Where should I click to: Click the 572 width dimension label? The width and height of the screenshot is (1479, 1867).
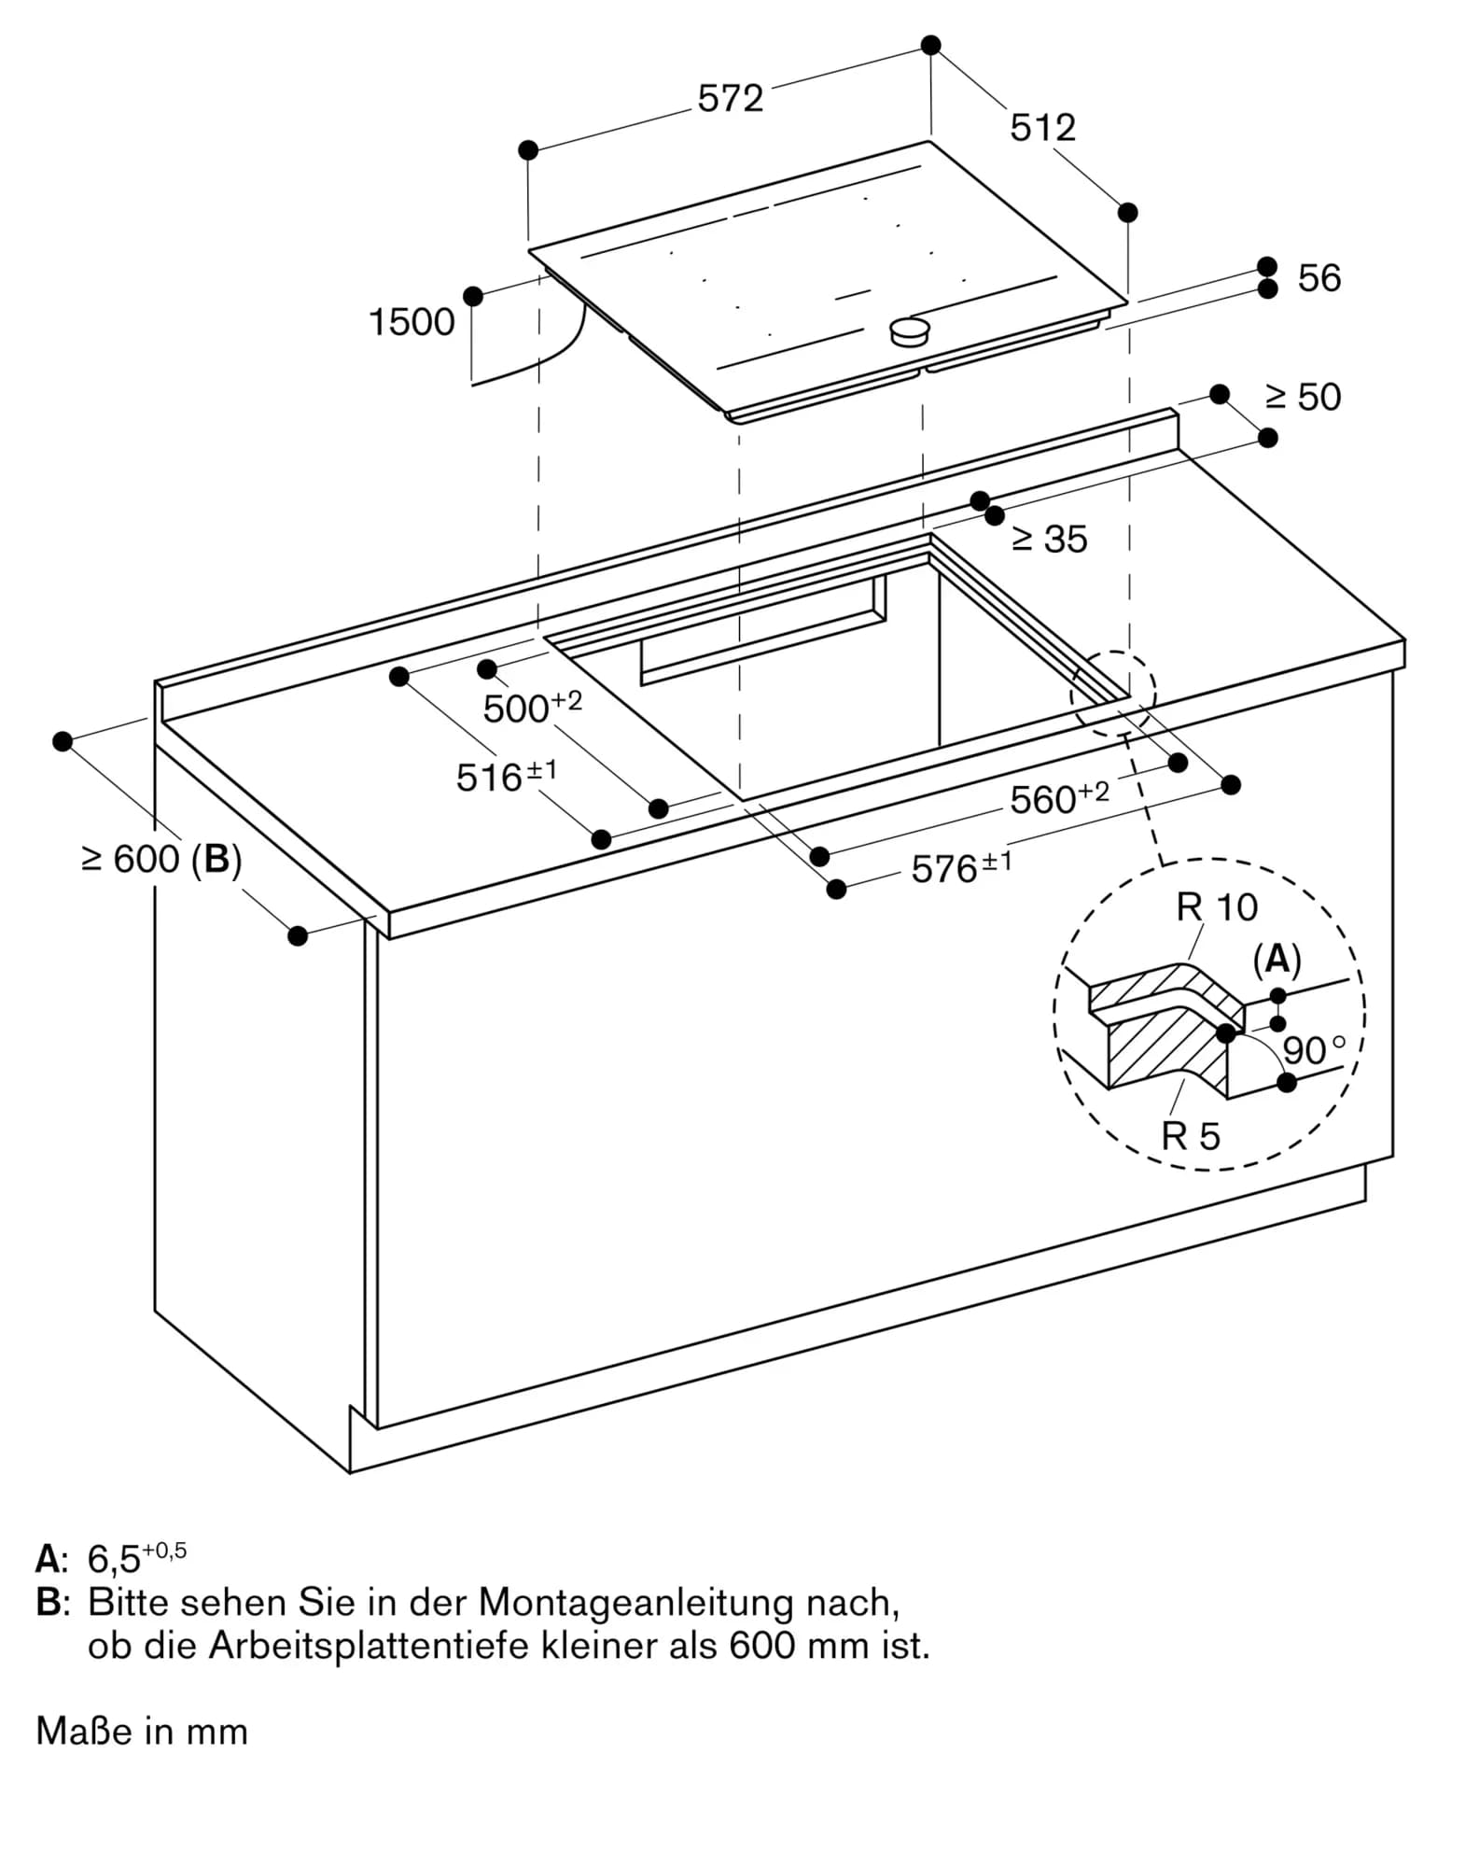point(730,98)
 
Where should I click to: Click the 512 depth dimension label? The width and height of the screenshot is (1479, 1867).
point(1042,128)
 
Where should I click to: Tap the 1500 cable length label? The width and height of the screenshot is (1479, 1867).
point(412,322)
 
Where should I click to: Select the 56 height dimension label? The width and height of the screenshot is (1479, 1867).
point(1319,278)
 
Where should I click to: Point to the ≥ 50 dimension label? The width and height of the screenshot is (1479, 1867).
point(1303,397)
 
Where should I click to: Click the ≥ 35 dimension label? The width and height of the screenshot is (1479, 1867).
point(1050,539)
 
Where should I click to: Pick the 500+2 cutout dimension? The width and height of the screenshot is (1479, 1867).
point(532,708)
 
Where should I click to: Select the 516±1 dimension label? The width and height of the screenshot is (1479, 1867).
point(506,776)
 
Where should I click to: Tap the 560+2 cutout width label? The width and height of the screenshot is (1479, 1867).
point(1059,798)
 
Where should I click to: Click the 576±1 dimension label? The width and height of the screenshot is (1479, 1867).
point(960,867)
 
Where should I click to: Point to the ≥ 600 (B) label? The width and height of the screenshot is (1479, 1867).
point(161,859)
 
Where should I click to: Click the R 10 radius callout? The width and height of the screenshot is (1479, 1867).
point(1217,907)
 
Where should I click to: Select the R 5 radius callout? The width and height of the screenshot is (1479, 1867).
point(1190,1136)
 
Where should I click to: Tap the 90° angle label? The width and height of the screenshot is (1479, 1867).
point(1314,1050)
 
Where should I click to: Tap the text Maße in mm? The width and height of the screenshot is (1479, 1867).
point(142,1732)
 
